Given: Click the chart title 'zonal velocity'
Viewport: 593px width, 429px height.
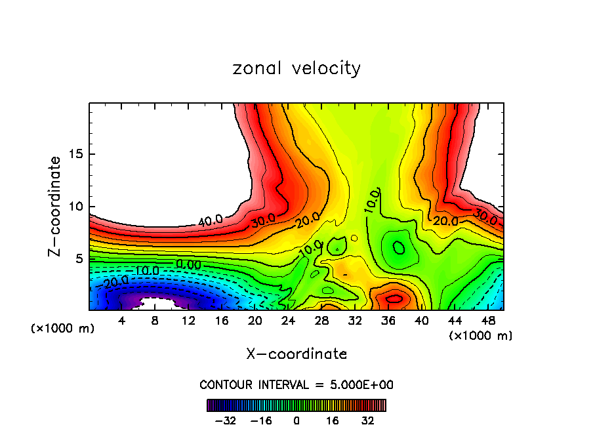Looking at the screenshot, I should pos(296,68).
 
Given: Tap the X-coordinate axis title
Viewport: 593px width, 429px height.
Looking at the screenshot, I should pos(296,354).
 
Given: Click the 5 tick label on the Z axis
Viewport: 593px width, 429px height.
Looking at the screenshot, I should pos(79,259).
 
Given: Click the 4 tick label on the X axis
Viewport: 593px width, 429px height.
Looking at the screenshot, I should pos(121,321).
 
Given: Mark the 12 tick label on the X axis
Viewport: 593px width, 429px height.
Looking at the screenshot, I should pos(188,321).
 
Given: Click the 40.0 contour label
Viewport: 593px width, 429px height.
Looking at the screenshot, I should pos(210,222).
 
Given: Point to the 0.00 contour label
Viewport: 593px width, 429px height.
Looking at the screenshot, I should pos(189,264).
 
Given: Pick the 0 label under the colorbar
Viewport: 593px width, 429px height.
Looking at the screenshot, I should pos(296,420).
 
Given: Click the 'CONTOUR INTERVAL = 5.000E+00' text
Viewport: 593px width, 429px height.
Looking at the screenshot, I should pos(296,385).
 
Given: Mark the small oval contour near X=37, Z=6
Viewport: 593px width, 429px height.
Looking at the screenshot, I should pos(399,247).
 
